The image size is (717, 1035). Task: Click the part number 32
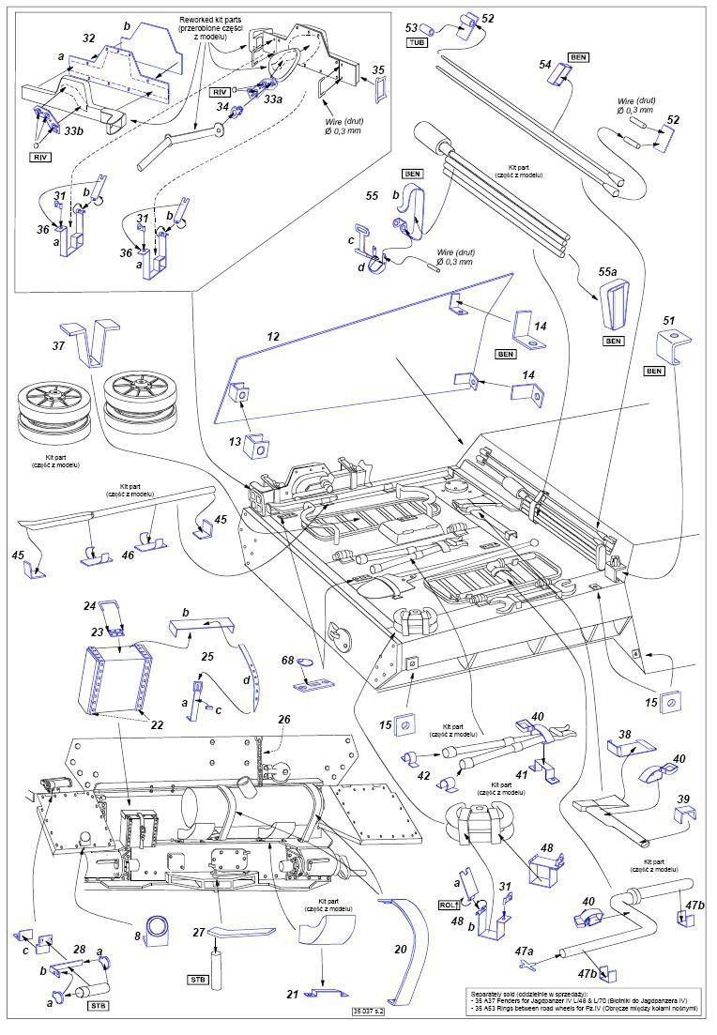point(88,38)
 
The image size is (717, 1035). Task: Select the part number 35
point(377,69)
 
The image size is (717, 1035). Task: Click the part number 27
point(198,931)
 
